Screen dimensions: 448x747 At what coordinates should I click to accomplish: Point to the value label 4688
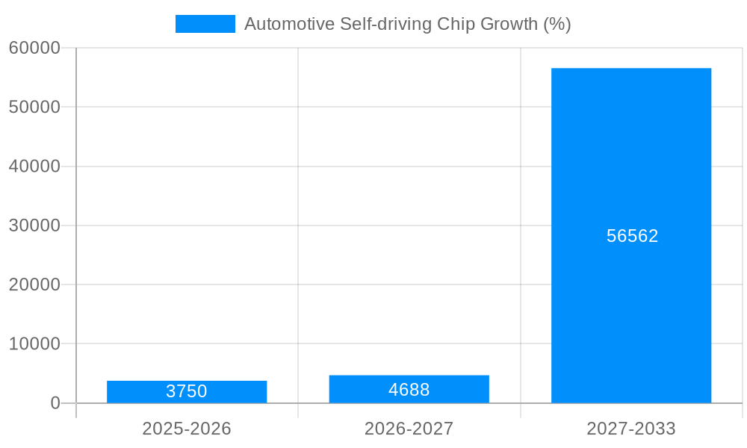click(409, 390)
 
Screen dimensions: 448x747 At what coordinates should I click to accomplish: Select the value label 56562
click(632, 236)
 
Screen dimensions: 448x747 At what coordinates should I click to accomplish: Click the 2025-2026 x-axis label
click(187, 429)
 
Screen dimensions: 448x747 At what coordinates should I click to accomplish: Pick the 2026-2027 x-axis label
click(409, 429)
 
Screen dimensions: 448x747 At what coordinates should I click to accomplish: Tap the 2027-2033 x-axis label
click(631, 429)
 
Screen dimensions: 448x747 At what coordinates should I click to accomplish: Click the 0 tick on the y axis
click(55, 403)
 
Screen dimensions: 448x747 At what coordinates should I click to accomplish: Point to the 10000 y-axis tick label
click(34, 344)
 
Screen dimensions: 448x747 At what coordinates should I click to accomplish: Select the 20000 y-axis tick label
click(34, 284)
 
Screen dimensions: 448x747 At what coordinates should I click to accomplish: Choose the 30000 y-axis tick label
click(34, 225)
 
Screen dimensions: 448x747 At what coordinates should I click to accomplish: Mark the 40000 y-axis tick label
click(34, 167)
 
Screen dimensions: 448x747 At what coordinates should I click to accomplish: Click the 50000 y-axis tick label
click(34, 107)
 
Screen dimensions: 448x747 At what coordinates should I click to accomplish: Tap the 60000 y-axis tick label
click(34, 48)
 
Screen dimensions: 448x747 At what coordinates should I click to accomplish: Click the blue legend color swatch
click(205, 24)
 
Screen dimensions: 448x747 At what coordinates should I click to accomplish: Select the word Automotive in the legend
click(289, 24)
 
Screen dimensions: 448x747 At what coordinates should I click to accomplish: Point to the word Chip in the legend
click(455, 24)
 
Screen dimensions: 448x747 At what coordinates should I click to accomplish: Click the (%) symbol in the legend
click(557, 24)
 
